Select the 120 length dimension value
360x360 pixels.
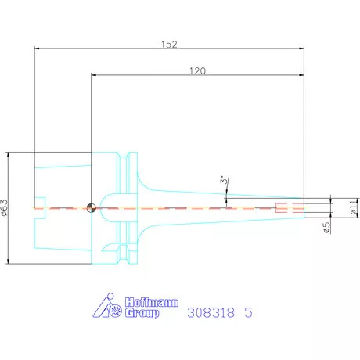[x=198, y=70]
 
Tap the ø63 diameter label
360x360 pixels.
[x=6, y=207]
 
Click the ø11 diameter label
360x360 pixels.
[x=353, y=207]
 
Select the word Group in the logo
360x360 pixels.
[x=142, y=313]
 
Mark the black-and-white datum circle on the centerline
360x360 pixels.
[x=92, y=207]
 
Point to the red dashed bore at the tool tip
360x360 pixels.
[x=289, y=207]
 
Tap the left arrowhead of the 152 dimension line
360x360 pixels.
[x=37, y=49]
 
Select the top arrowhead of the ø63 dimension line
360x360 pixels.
[x=9, y=153]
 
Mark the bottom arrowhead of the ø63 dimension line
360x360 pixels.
[x=9, y=261]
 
